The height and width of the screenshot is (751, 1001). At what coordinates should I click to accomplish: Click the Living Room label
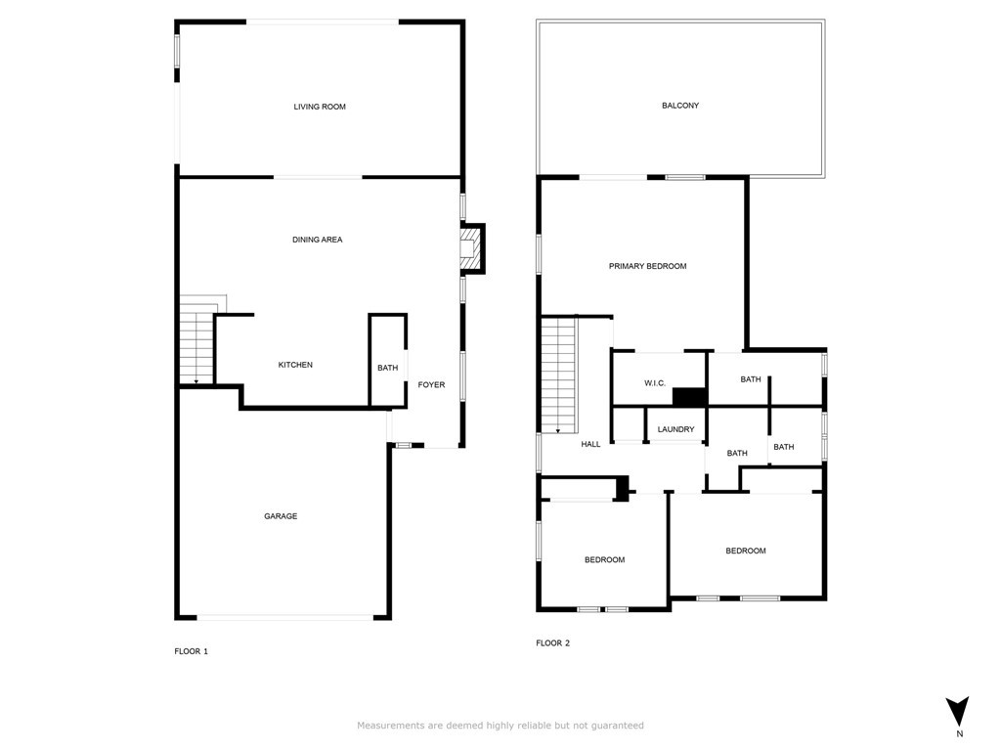(x=320, y=107)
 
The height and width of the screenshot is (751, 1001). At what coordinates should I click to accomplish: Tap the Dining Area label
(x=318, y=240)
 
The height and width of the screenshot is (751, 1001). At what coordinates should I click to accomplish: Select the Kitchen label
(x=295, y=365)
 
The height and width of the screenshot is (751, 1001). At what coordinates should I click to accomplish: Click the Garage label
(x=281, y=516)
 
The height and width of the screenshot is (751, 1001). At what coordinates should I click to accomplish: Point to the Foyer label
(x=431, y=384)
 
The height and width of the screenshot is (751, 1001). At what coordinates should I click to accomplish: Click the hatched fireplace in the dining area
(x=472, y=249)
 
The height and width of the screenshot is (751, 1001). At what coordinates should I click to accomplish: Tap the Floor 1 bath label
(x=387, y=368)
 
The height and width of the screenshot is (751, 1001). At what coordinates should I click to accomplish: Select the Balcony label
(x=680, y=106)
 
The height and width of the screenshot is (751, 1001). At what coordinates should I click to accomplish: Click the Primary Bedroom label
(x=647, y=266)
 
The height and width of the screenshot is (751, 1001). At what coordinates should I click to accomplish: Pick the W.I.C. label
(x=655, y=382)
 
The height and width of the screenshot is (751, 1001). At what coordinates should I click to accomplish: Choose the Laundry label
(x=675, y=429)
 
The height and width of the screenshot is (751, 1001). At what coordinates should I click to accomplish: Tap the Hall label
(x=590, y=444)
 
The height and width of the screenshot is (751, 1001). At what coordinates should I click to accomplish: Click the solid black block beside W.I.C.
(x=689, y=396)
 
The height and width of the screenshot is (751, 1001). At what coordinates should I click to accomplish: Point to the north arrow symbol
(x=958, y=711)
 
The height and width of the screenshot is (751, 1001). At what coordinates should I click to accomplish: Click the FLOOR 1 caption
(x=191, y=651)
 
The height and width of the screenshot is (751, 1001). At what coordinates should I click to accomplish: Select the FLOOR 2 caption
(x=552, y=643)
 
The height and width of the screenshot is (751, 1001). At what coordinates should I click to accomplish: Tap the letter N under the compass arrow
(x=959, y=733)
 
